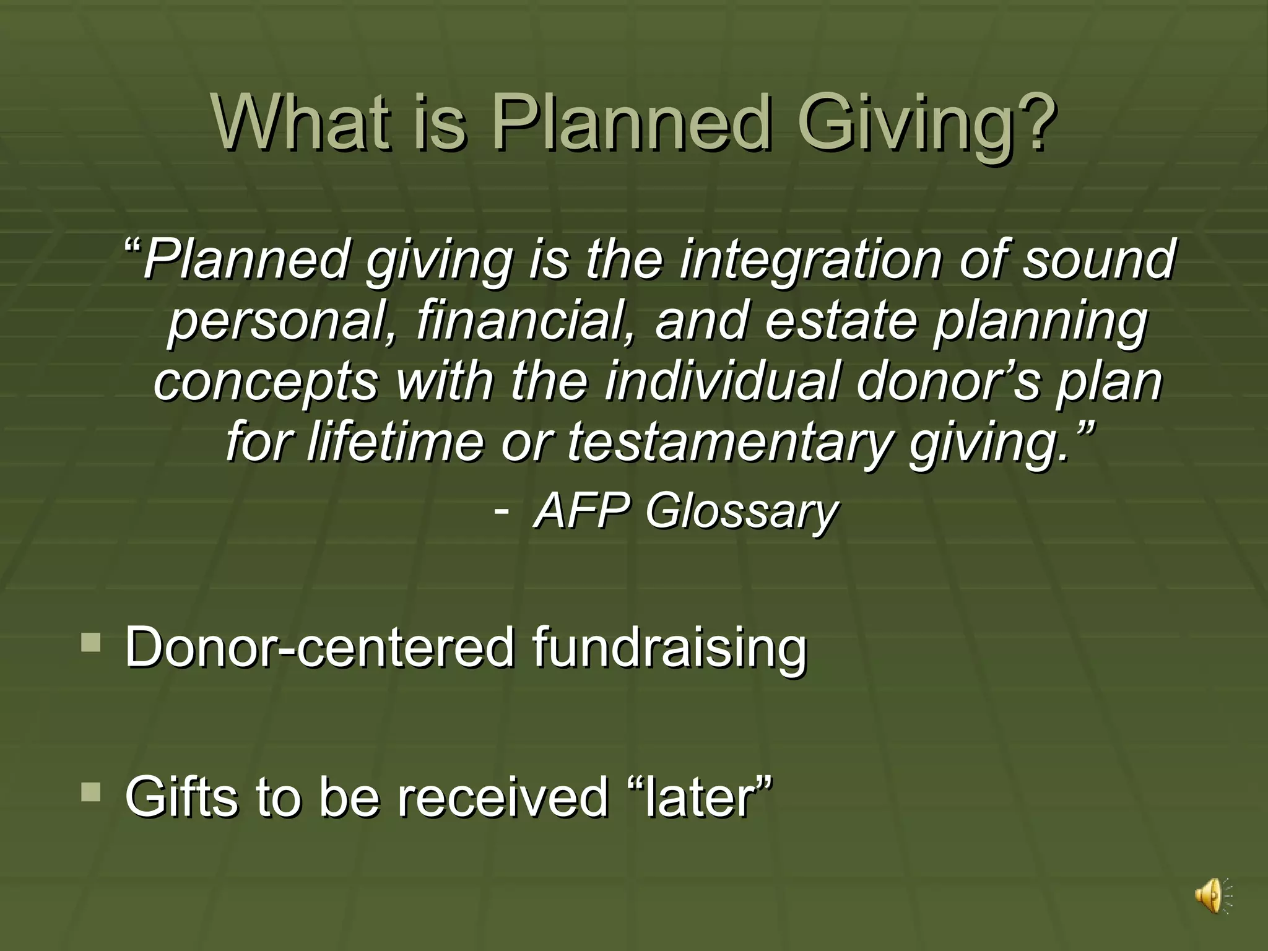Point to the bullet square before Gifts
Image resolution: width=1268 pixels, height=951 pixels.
coord(90,792)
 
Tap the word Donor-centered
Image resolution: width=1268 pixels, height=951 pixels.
coord(319,647)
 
